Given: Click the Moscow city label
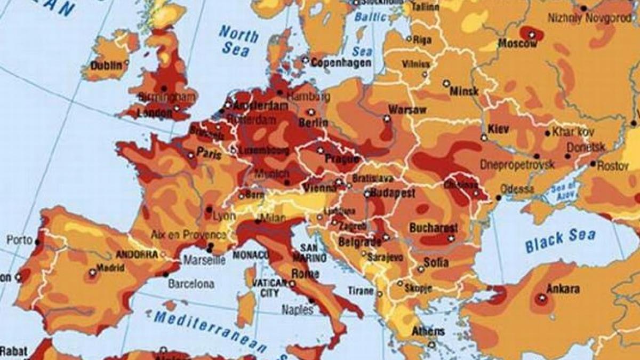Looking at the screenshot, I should point(517,44).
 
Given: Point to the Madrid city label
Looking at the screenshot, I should point(110,268).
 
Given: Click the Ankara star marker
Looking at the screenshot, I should point(541,299).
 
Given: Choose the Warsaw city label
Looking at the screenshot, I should point(407,110).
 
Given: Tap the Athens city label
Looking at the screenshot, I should point(427,331).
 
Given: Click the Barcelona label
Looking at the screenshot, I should point(191,284).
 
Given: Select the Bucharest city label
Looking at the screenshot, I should point(433,228).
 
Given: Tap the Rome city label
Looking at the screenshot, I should point(305,274).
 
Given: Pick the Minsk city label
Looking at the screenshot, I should point(464,91).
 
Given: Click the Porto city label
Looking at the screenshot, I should point(20,240).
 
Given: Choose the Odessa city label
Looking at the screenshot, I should point(517,189).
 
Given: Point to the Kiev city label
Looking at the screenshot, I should point(499,129).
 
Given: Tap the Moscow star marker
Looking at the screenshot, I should point(532,35).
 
